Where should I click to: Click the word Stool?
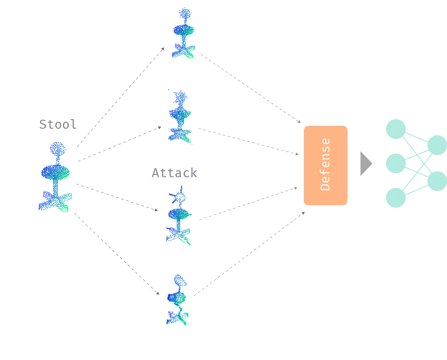[58, 124]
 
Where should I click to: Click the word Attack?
[175, 173]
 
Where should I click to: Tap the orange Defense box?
[325, 165]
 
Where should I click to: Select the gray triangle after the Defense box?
[365, 164]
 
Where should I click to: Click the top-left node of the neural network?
[396, 129]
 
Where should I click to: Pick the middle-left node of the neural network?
[396, 163]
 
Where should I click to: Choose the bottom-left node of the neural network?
[396, 198]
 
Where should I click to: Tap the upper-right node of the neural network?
[437, 145]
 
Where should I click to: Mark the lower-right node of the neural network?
[437, 181]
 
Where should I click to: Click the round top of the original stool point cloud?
[58, 149]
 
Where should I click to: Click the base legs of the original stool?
[55, 201]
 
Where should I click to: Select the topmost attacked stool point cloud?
[184, 33]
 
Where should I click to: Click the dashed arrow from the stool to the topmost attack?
[120, 97]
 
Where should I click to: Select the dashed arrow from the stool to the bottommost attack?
[116, 254]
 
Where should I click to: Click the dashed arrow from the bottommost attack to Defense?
[249, 254]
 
